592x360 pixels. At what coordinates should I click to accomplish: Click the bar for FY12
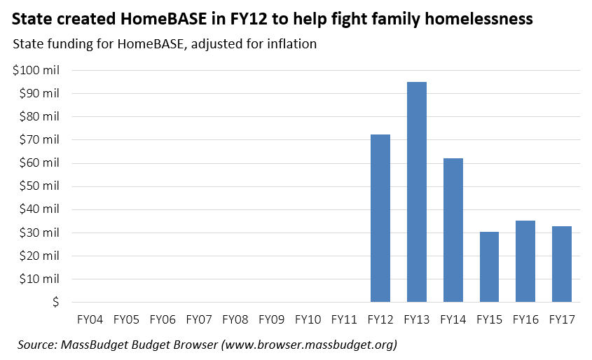380,218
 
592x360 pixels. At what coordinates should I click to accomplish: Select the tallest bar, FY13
417,192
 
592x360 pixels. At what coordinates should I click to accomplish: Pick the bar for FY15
489,267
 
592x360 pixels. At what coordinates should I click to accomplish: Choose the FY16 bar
525,261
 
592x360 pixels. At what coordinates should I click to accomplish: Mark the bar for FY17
562,264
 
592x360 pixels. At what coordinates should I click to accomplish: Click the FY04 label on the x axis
90,320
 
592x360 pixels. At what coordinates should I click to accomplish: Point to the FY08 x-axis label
235,320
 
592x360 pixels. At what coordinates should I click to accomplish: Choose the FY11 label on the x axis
344,320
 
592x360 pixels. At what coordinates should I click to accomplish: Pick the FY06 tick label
163,320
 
